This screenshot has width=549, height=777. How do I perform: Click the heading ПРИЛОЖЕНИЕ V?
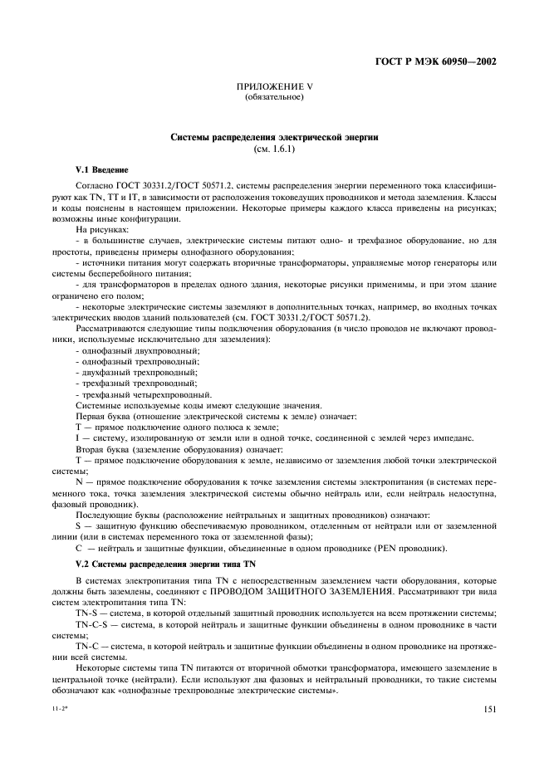tap(274, 86)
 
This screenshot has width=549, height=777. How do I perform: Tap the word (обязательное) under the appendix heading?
tap(274, 97)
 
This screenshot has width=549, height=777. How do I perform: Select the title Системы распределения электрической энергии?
tap(274, 138)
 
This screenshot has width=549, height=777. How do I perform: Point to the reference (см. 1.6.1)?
tap(274, 149)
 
